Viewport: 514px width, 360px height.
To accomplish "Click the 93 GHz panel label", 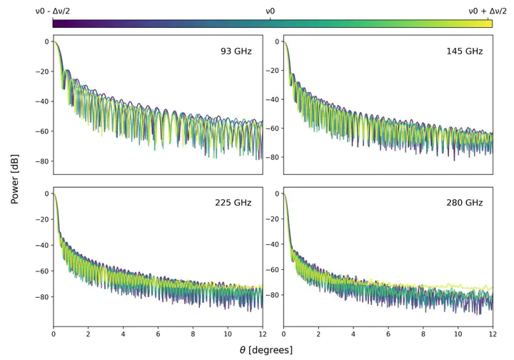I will click(236, 51).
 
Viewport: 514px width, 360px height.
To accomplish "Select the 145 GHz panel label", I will click(465, 51).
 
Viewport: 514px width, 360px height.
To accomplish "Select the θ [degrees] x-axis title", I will click(266, 351).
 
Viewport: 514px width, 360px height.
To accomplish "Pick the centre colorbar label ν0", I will click(271, 11).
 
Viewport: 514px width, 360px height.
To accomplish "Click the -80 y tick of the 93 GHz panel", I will click(41, 161).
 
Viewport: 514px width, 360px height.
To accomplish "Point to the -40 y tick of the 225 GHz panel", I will click(41, 245).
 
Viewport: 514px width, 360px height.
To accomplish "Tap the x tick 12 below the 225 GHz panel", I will click(262, 334).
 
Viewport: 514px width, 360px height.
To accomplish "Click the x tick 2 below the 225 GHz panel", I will click(88, 334).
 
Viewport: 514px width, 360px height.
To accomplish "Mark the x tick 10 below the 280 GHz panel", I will click(457, 334).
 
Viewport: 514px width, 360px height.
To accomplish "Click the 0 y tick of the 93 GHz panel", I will click(46, 41).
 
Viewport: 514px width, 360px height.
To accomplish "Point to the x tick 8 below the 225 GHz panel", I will click(193, 334).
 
